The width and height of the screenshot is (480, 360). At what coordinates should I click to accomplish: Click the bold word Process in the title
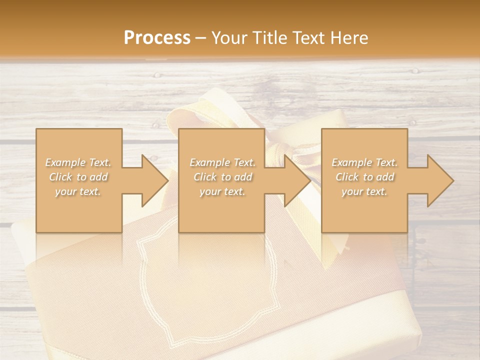157,38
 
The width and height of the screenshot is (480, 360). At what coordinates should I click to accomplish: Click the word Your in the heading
230,38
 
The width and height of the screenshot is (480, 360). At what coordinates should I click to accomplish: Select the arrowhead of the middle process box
296,180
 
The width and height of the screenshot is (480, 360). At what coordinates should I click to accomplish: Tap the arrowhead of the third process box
439,180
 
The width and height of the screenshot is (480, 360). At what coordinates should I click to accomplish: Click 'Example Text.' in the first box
78,162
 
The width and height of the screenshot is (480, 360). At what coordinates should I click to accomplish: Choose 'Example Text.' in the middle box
222,162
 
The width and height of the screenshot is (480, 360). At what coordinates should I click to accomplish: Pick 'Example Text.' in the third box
364,162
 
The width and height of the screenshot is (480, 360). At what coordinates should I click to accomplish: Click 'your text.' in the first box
78,191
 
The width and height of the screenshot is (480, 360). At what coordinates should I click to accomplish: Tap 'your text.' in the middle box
222,191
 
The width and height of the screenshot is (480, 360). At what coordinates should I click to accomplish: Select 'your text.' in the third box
364,191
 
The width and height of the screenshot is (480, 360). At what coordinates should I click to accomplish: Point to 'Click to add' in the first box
78,177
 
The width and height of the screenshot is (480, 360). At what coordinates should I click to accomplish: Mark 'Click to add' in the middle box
222,177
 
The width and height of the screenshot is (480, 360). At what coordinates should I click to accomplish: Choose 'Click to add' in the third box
364,177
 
